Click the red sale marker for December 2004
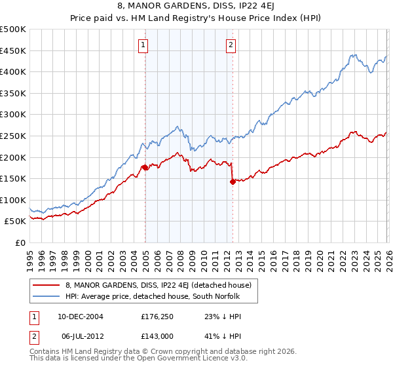click(145, 168)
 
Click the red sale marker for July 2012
click(233, 182)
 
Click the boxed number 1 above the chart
click(143, 45)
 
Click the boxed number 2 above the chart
click(231, 45)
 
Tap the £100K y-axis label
click(13, 201)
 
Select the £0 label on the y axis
click(21, 243)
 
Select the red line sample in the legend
click(46, 286)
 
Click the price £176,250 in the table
click(156, 316)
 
